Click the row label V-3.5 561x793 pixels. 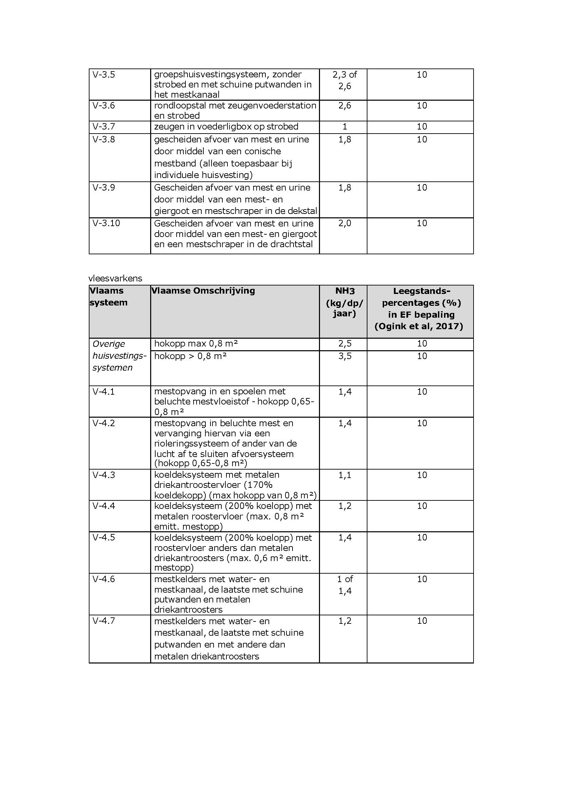tap(104, 75)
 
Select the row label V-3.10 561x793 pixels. tap(106, 223)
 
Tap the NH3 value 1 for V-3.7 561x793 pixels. tap(344, 127)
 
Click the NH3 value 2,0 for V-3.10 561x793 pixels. tap(344, 223)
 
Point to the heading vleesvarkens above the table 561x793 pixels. tap(115, 278)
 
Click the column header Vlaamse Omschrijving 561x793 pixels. tap(203, 291)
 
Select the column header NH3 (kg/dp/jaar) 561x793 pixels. tap(344, 302)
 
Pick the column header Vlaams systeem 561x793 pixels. tap(108, 296)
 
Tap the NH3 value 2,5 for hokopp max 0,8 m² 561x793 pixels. tap(344, 344)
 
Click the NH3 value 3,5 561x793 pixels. tap(344, 356)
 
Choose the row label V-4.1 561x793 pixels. tap(104, 392)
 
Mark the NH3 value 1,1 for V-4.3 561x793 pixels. tap(344, 475)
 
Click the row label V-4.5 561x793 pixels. tap(104, 538)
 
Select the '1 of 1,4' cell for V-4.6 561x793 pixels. tap(344, 585)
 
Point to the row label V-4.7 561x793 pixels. tap(104, 621)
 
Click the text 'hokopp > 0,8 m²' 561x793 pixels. tap(191, 356)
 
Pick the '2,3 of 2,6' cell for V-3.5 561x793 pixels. tap(344, 80)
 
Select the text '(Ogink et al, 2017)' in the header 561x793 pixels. tap(419, 326)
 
